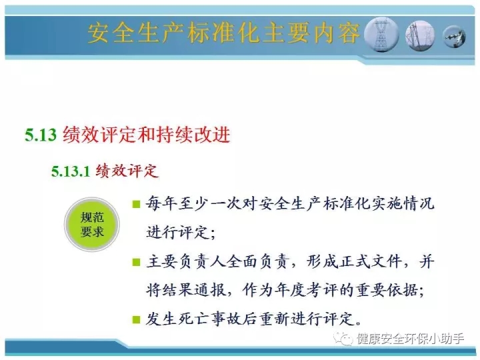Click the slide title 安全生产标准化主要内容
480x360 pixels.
click(x=223, y=33)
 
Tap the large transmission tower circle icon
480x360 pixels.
click(x=381, y=35)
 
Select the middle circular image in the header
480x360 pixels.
click(x=420, y=35)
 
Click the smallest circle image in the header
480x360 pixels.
click(x=454, y=37)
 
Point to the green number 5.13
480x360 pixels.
click(x=41, y=135)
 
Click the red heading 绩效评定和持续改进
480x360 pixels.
click(x=146, y=135)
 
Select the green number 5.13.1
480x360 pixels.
click(x=71, y=171)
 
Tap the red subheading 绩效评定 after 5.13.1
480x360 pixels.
click(x=127, y=171)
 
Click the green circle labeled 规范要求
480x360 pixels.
click(x=92, y=225)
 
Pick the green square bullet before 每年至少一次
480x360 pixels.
click(x=136, y=204)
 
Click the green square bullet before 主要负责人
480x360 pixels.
click(x=136, y=263)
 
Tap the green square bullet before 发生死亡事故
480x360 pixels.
click(x=136, y=319)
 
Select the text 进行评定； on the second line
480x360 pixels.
click(x=181, y=233)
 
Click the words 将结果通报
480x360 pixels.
click(x=185, y=289)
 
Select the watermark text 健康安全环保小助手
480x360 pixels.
click(x=410, y=339)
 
